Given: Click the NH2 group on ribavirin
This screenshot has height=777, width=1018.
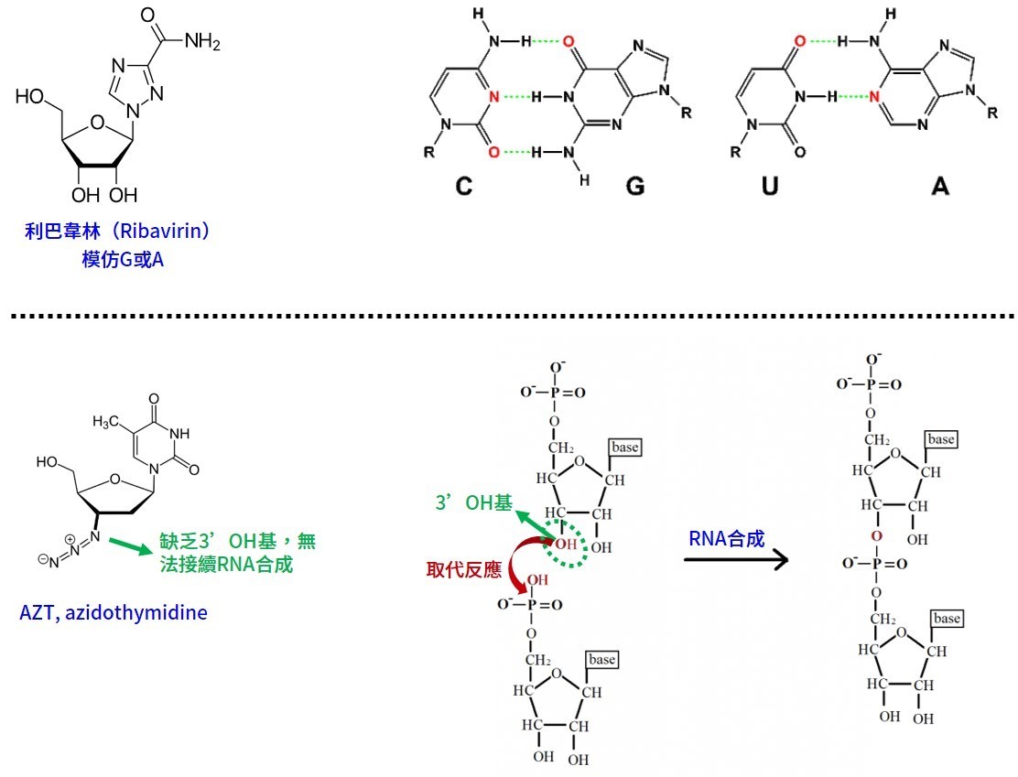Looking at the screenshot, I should coord(200,42).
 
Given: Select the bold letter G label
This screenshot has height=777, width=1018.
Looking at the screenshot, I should coord(634,187).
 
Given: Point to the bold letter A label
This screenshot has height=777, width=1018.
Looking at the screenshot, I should coord(940,187).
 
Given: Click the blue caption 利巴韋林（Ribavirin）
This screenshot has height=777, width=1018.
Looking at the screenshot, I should coord(118,231).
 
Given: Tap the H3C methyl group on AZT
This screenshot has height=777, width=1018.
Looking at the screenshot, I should coord(107,422).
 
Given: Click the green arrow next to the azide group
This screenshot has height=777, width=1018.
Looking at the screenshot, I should coord(128,545).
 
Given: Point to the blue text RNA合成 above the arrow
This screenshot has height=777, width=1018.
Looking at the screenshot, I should coord(726,538).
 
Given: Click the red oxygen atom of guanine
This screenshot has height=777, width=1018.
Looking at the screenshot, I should coord(569,42).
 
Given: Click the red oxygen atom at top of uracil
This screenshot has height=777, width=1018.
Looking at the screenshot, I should coord(799,42).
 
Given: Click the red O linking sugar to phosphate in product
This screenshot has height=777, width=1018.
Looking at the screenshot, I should coord(877,536).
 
